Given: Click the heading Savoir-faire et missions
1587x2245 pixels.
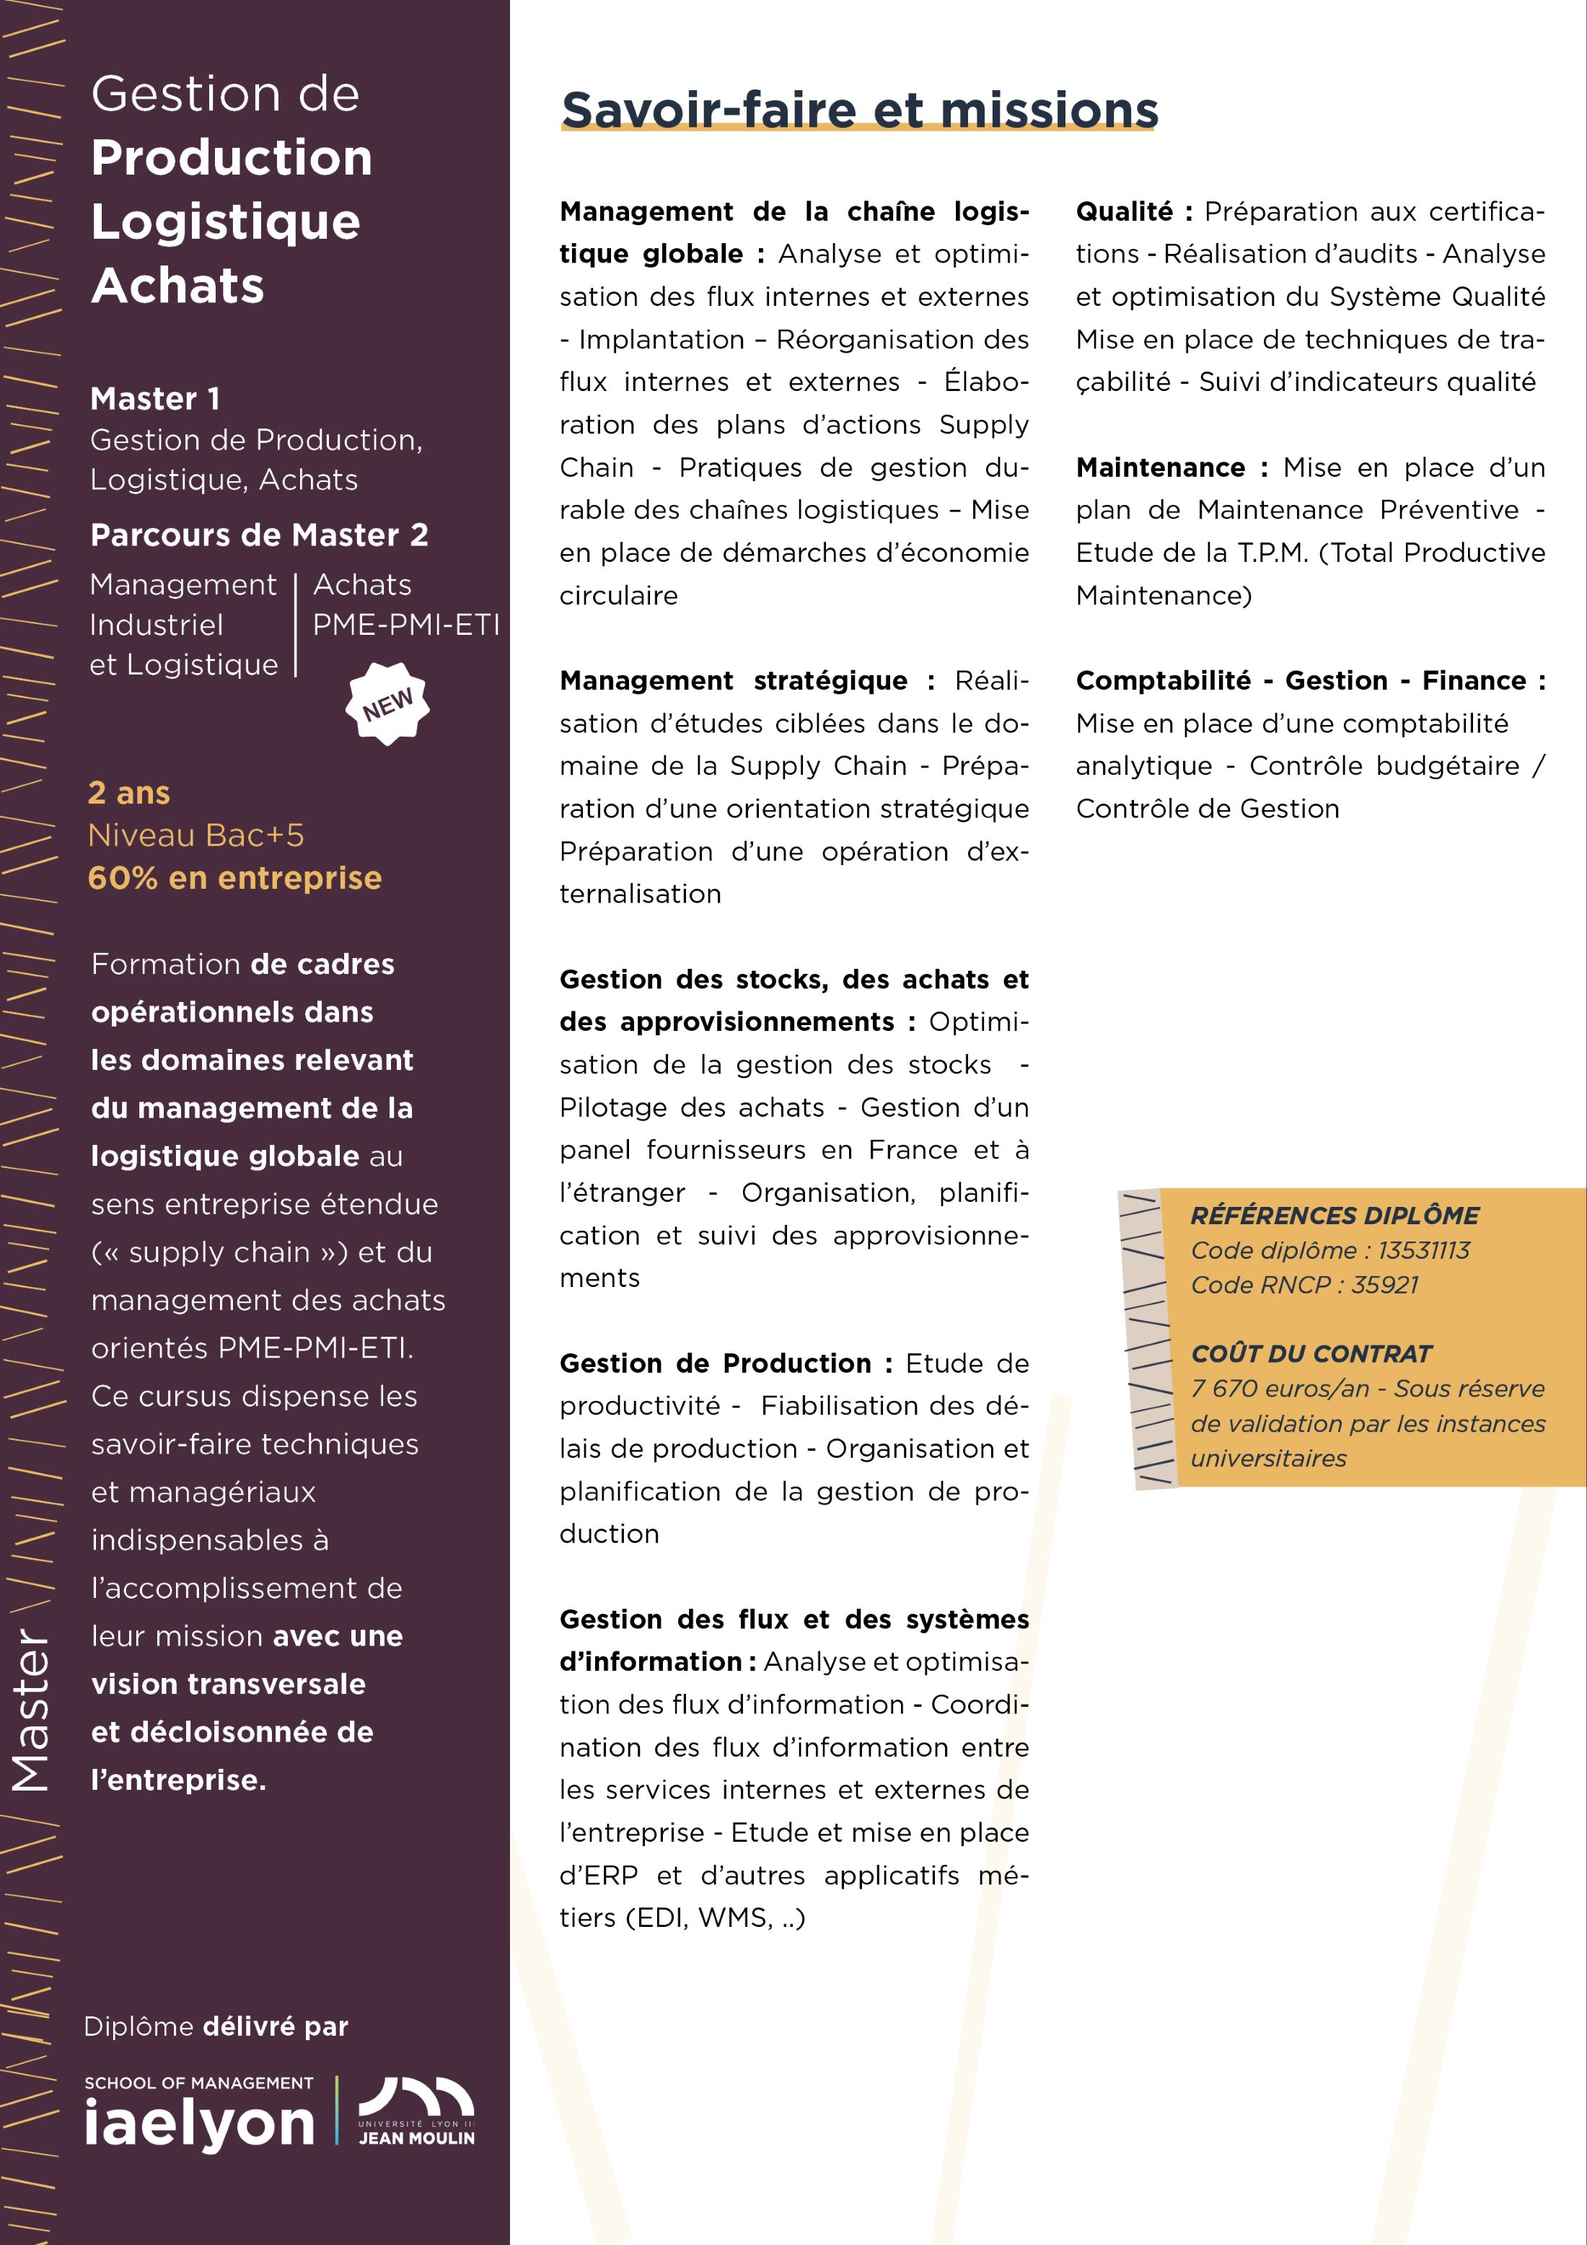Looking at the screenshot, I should [x=858, y=110].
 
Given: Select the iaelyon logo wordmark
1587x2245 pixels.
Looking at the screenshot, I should [x=200, y=2123].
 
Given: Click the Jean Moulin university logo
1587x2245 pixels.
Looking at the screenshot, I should [x=416, y=2112].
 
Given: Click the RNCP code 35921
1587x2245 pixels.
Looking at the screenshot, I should [x=1384, y=1285].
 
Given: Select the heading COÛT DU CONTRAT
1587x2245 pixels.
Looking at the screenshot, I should [x=1310, y=1354].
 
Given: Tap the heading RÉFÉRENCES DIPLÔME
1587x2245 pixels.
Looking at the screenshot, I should [x=1334, y=1216].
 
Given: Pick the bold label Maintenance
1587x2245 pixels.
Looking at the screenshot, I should [x=1160, y=467].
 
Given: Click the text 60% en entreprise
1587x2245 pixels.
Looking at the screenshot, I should [x=234, y=878].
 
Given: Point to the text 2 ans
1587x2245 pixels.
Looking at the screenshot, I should [x=129, y=793].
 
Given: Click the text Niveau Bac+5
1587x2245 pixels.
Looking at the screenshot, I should [x=195, y=835].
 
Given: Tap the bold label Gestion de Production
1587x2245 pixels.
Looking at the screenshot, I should [x=715, y=1363].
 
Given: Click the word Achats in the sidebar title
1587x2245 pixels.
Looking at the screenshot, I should [x=178, y=286].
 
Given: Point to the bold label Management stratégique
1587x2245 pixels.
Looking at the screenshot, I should [x=734, y=680].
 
